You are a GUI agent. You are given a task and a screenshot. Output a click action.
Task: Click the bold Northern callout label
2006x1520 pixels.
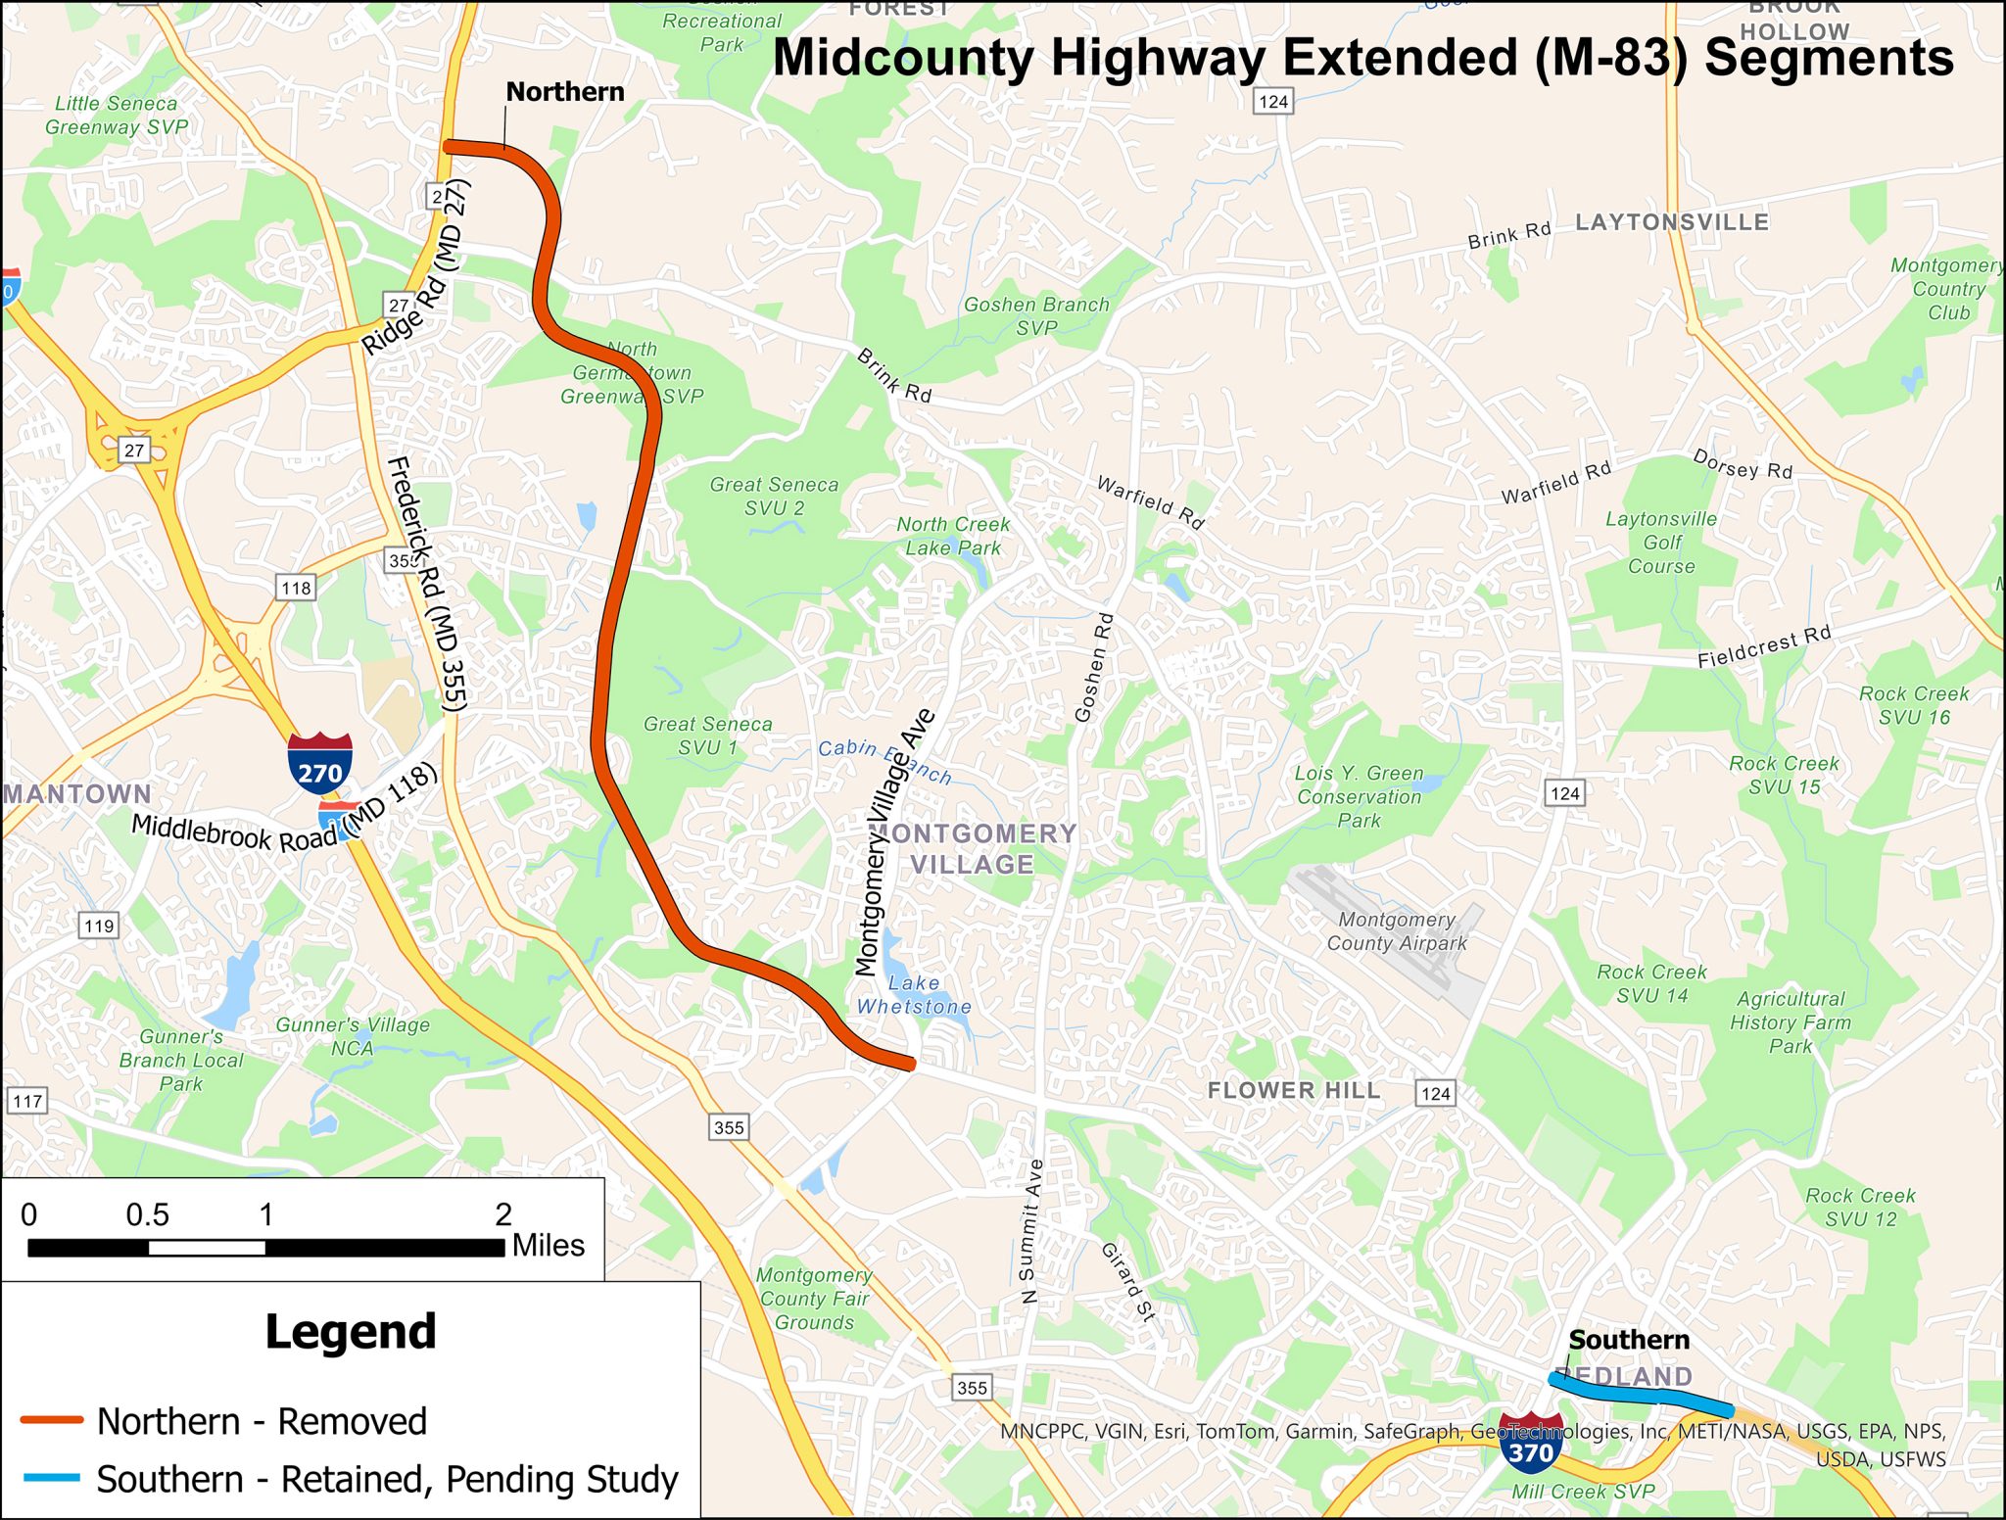(565, 92)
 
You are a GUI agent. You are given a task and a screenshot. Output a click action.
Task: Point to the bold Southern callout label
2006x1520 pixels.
(1629, 1340)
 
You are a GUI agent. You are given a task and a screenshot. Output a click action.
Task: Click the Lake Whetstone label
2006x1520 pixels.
(914, 994)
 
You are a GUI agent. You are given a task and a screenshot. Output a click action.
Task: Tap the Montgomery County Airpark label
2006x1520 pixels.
(1397, 931)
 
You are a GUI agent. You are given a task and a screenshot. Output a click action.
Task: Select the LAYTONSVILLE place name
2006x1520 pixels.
(1671, 222)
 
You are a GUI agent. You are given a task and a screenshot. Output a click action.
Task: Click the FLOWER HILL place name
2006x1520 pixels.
(1293, 1090)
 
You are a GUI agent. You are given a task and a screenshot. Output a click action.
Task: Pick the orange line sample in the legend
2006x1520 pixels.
(52, 1420)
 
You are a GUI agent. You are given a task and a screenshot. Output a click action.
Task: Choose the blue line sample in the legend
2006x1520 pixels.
(52, 1478)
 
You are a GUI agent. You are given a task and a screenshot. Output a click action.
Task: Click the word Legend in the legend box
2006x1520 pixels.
(351, 1332)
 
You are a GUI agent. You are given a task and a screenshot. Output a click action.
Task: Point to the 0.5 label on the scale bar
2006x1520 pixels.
(147, 1215)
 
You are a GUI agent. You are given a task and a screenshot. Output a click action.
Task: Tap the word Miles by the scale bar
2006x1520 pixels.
(549, 1246)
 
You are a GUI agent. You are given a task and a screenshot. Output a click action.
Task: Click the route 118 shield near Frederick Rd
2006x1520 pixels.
(296, 588)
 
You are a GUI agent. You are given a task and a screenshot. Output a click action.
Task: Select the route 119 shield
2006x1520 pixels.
(99, 926)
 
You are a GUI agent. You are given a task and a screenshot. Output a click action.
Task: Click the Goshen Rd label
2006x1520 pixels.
(1094, 668)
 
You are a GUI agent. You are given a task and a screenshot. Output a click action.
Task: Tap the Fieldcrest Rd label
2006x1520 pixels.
(1764, 647)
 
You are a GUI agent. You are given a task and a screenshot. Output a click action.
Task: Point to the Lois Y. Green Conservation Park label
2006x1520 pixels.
(1360, 796)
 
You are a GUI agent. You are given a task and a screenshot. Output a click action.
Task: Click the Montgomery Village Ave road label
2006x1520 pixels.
(893, 842)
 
